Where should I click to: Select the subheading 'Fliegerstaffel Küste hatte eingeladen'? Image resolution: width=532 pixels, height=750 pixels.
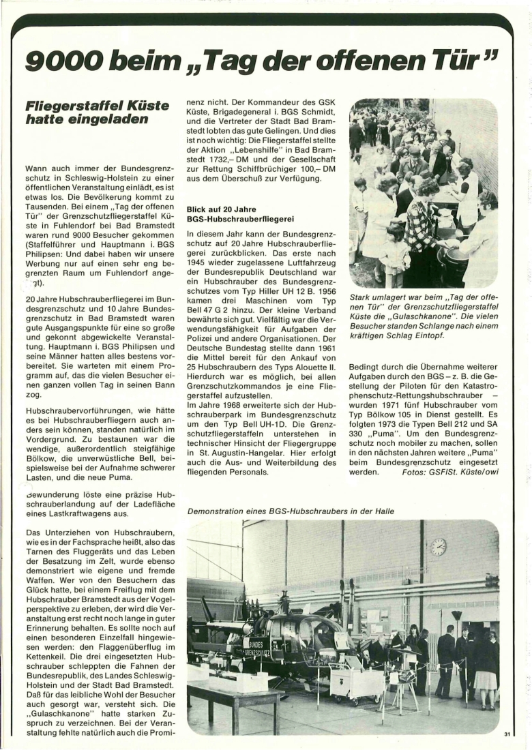pyautogui.click(x=97, y=112)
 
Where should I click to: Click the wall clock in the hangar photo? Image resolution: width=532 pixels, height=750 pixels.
pyautogui.click(x=438, y=546)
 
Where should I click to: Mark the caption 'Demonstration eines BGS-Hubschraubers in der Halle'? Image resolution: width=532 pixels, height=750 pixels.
pyautogui.click(x=291, y=511)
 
